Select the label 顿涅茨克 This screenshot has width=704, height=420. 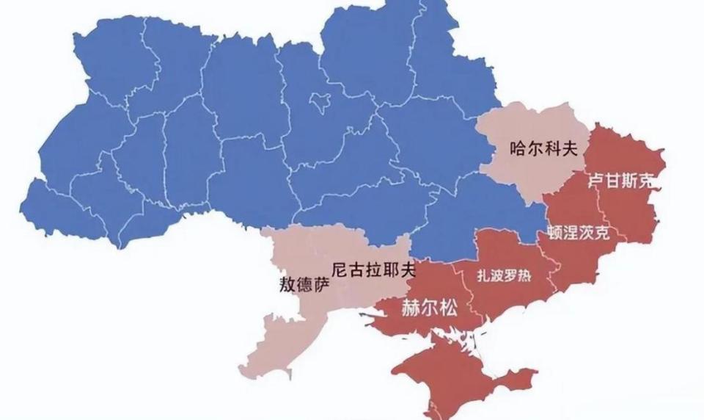(578, 233)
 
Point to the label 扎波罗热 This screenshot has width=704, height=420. (503, 277)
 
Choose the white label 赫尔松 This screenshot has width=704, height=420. (429, 308)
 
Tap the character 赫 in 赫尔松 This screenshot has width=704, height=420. (411, 308)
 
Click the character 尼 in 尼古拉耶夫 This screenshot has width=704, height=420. (340, 269)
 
